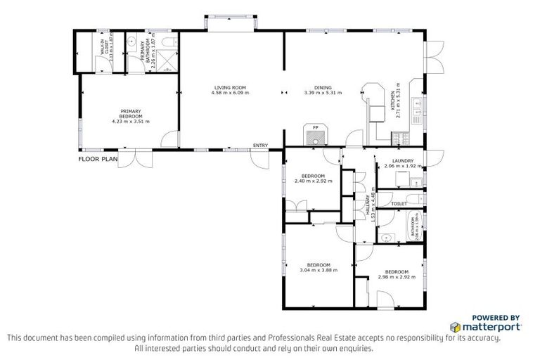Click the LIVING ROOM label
pyautogui.click(x=231, y=88)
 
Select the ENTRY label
pyautogui.click(x=260, y=146)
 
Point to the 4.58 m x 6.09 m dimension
pyautogui.click(x=231, y=93)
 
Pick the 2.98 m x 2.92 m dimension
pyautogui.click(x=397, y=276)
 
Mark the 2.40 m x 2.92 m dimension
pyautogui.click(x=313, y=181)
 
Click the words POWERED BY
pyautogui.click(x=496, y=317)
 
